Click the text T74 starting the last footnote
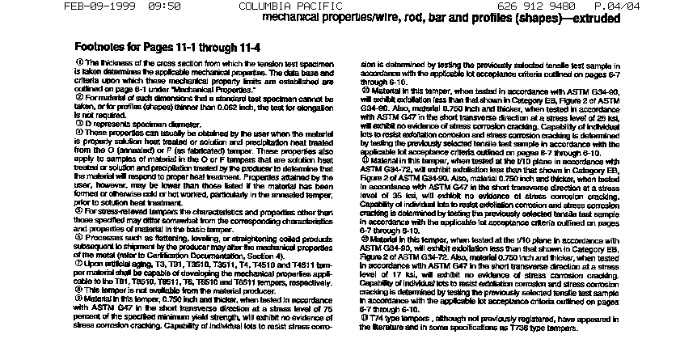pos(376,316)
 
